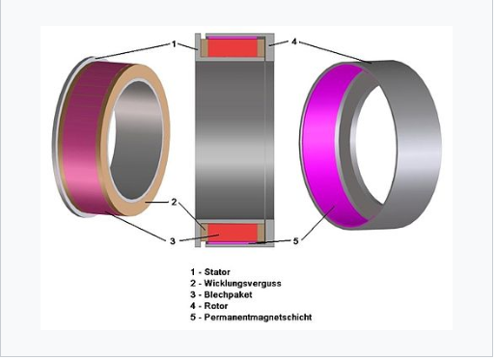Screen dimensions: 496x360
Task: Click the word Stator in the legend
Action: [x=217, y=272]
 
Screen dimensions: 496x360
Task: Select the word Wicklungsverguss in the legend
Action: [x=242, y=284]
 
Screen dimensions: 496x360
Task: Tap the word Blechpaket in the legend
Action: [x=228, y=294]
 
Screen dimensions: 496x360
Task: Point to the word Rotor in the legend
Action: [x=216, y=306]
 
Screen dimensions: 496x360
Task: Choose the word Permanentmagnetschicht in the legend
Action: [x=258, y=318]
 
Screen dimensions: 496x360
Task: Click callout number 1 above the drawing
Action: [x=174, y=44]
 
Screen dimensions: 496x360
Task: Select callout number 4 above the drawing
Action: [x=294, y=42]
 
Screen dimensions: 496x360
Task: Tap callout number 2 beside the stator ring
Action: [x=174, y=202]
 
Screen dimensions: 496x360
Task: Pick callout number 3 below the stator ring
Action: [x=173, y=241]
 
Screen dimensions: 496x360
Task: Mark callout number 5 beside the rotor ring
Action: [x=296, y=240]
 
